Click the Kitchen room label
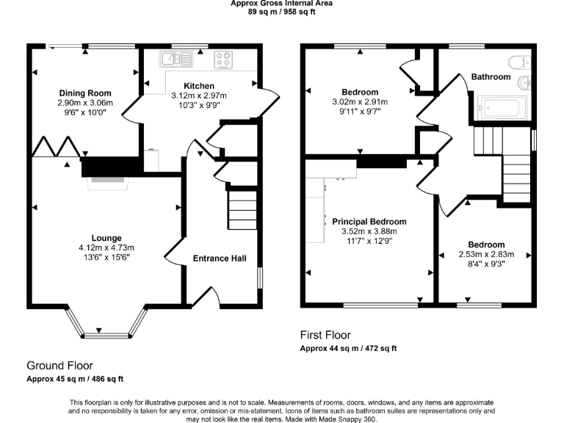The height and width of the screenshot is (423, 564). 198,85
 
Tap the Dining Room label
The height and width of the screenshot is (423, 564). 85,93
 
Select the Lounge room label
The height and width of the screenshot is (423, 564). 106,237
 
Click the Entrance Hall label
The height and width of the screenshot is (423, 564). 220,258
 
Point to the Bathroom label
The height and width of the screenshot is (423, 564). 491,76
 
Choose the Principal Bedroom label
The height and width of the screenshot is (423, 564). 369,222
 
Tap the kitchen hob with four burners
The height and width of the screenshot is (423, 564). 224,58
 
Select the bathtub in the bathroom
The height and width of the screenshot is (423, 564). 499,108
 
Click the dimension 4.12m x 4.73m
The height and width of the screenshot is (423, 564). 106,247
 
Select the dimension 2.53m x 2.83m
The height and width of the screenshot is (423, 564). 486,255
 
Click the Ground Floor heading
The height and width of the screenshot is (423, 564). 59,365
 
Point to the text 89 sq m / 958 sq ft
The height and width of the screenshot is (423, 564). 281,12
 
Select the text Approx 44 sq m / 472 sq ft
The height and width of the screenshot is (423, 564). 349,348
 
